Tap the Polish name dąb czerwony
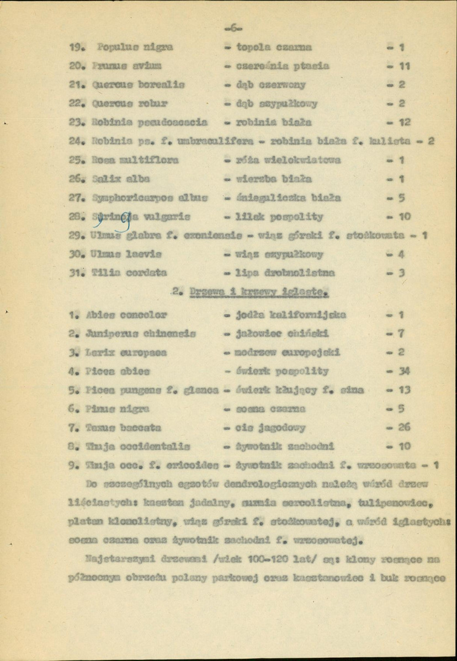[x=271, y=85]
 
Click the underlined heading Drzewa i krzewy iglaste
[x=251, y=292]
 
